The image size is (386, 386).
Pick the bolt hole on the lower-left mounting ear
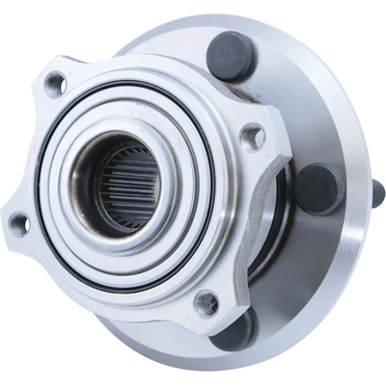tap(18, 223)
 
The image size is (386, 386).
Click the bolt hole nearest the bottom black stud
tap(207, 301)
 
